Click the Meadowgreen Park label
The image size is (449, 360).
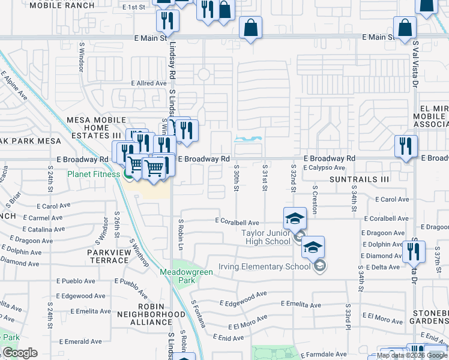tap(178, 276)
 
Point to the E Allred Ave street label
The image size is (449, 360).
tap(149, 83)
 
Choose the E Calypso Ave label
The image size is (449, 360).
tap(324, 168)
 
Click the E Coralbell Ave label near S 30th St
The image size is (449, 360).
tap(237, 221)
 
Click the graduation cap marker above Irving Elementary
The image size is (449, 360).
tap(313, 247)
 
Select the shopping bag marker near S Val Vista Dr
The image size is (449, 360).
tap(405, 28)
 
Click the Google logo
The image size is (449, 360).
tap(20, 353)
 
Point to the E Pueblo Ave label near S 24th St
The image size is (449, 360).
tap(73, 281)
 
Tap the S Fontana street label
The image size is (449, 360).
tap(199, 313)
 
